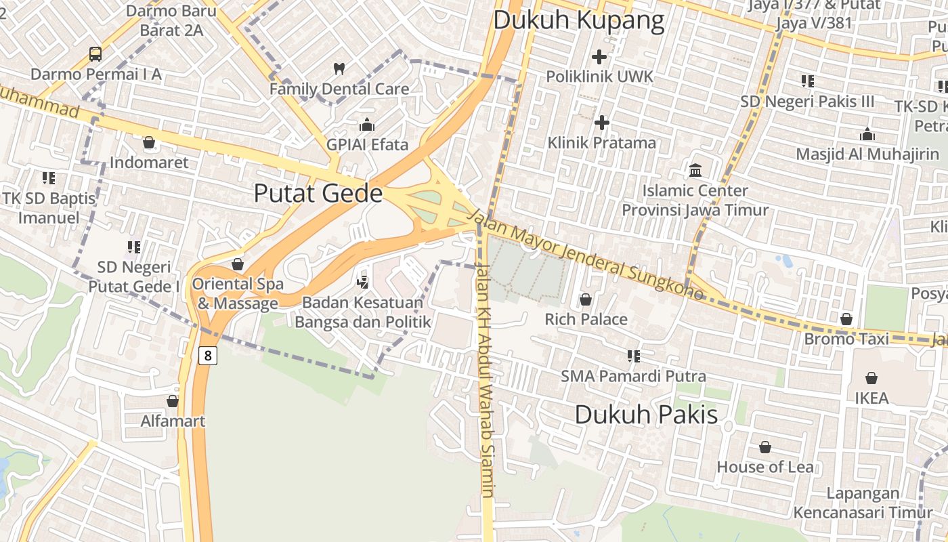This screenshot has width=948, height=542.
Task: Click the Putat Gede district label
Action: coord(318,194)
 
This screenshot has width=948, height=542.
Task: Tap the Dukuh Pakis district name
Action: coord(646,414)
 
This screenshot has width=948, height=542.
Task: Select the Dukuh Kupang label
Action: coord(578,20)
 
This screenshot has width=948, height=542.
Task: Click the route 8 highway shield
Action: coord(208,355)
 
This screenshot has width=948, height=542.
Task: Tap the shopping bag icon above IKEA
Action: coord(871,377)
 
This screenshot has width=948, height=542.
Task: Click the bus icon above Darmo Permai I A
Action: coord(95,54)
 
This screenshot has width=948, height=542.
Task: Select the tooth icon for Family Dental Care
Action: coord(339,68)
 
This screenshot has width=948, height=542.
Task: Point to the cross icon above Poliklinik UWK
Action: coord(599,57)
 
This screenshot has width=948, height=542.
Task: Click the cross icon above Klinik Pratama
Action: coord(601,123)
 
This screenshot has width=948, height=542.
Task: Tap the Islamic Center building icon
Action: coord(695,170)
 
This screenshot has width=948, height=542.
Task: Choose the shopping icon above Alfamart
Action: coord(173,401)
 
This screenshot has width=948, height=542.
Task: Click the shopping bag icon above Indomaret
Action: coord(149,142)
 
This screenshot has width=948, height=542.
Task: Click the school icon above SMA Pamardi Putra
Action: coord(634,356)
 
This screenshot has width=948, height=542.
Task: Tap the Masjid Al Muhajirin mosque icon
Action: coord(867,134)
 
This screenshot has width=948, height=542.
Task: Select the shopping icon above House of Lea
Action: coord(765,447)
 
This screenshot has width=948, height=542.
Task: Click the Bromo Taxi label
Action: coord(846,339)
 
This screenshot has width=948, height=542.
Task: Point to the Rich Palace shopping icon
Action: coord(586,299)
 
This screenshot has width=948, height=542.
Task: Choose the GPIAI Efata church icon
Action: coord(367,125)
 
